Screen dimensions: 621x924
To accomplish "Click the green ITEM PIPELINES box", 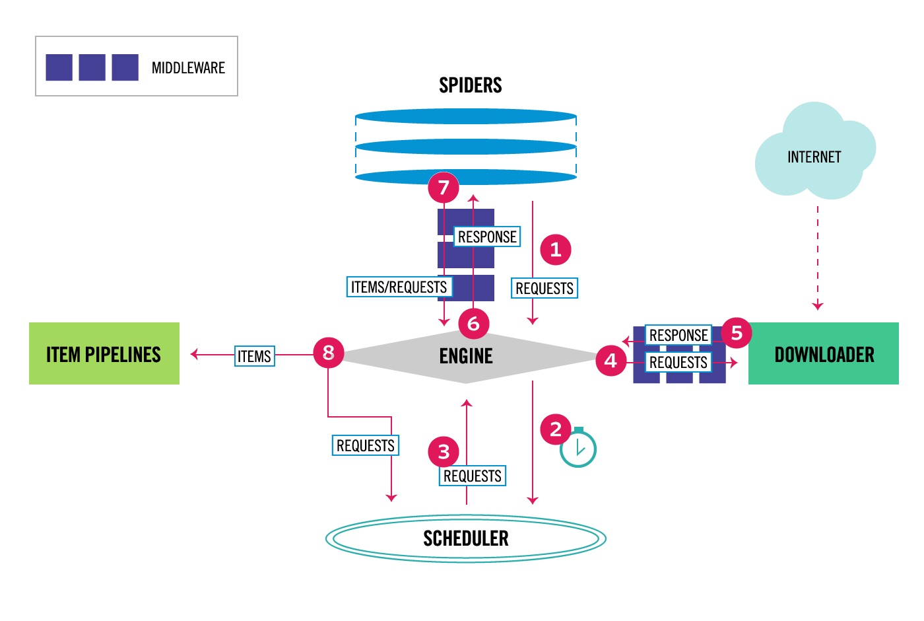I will coord(104,353).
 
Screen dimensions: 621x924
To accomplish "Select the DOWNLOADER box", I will coord(823,353).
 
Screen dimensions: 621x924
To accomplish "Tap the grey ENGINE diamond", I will coord(466,357).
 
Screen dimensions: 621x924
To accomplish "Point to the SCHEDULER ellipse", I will coord(466,538).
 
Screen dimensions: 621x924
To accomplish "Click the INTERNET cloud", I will coord(814,156).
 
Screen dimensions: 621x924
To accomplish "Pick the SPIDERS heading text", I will coord(470,85).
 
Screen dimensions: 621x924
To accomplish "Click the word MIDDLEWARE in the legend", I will coord(188,68).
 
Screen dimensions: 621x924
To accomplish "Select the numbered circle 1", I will coord(555,249).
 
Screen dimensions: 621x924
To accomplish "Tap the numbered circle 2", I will coord(555,429).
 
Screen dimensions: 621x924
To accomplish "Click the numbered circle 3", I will coord(444,452).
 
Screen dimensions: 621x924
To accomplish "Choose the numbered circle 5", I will coord(737,333).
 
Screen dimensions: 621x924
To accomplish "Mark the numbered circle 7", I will coord(444,188).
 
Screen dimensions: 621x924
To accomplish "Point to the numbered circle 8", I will coord(328,352).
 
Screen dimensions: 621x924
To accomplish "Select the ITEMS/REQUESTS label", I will coord(399,287).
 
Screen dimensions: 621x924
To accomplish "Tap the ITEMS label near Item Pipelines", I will coord(254,356).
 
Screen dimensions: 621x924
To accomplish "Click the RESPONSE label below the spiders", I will coord(487,237).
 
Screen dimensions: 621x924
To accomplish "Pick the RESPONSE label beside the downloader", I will coord(678,335).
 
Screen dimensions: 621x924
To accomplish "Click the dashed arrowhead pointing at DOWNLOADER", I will coord(818,305).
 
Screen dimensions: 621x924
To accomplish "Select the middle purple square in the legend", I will coord(92,67).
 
